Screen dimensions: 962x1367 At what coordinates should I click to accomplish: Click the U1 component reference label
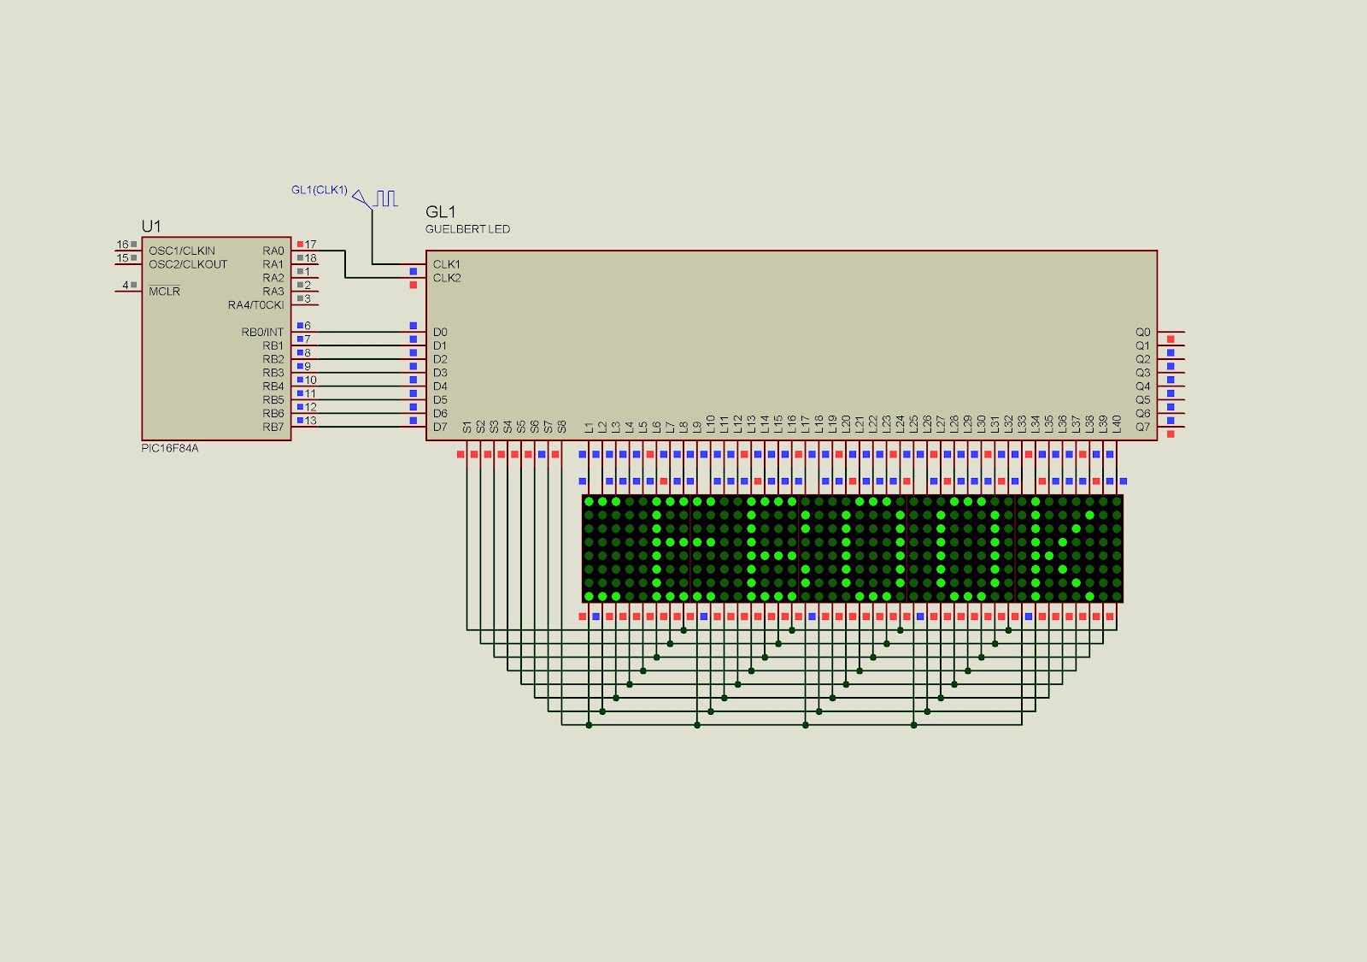tap(151, 226)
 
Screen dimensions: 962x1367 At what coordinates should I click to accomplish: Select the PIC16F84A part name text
tap(169, 448)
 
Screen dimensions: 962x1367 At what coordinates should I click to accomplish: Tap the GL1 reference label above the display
tap(441, 212)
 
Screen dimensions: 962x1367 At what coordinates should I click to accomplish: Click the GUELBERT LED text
tap(467, 229)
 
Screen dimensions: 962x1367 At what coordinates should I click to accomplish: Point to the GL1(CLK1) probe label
tap(320, 190)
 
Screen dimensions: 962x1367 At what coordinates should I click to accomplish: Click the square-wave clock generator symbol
tap(385, 198)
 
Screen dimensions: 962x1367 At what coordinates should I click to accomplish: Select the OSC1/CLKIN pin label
tap(182, 251)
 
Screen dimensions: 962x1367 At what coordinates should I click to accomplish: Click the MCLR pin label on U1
tap(164, 292)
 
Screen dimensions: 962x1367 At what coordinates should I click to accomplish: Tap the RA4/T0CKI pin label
tap(255, 305)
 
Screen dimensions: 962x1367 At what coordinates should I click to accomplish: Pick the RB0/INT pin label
tap(262, 332)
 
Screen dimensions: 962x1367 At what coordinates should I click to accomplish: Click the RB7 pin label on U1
tap(273, 427)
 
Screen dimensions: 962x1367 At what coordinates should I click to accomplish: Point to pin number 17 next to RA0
tap(311, 245)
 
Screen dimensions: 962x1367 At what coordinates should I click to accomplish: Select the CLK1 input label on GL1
tap(446, 264)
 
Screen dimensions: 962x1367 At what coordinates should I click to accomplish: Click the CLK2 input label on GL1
tap(446, 278)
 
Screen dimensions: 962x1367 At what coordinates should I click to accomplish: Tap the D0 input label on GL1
tap(440, 332)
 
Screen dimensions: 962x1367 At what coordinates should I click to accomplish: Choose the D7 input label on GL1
tap(440, 427)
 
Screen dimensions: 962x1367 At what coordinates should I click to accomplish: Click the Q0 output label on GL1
tap(1143, 332)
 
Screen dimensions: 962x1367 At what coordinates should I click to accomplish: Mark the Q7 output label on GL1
tap(1143, 427)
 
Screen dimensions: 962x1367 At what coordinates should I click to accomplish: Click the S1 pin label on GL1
tap(467, 426)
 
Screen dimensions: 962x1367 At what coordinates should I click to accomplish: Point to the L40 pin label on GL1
tap(1117, 422)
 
